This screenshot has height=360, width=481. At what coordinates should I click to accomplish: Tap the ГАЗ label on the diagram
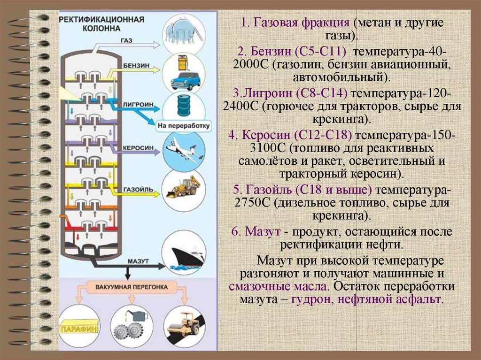126,41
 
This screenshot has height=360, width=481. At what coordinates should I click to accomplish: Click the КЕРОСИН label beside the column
138,147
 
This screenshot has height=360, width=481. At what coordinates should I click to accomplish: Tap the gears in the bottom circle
130,329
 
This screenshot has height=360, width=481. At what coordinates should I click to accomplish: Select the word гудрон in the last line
309,299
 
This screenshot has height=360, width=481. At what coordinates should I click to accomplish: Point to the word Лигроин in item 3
266,93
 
